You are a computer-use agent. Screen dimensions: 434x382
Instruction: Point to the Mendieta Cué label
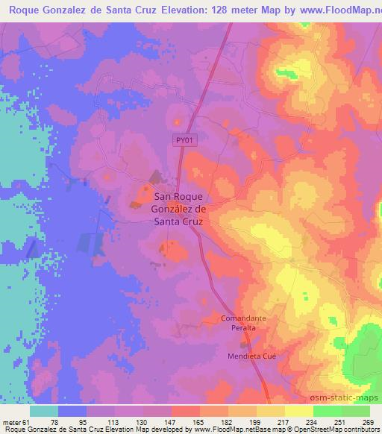click(x=251, y=356)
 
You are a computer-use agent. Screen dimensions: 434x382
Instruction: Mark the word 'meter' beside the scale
click(x=10, y=422)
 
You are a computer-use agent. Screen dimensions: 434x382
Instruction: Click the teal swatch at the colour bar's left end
click(x=44, y=411)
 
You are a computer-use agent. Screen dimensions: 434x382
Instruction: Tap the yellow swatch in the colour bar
click(x=271, y=411)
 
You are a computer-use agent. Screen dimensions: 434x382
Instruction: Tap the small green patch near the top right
click(x=286, y=73)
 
